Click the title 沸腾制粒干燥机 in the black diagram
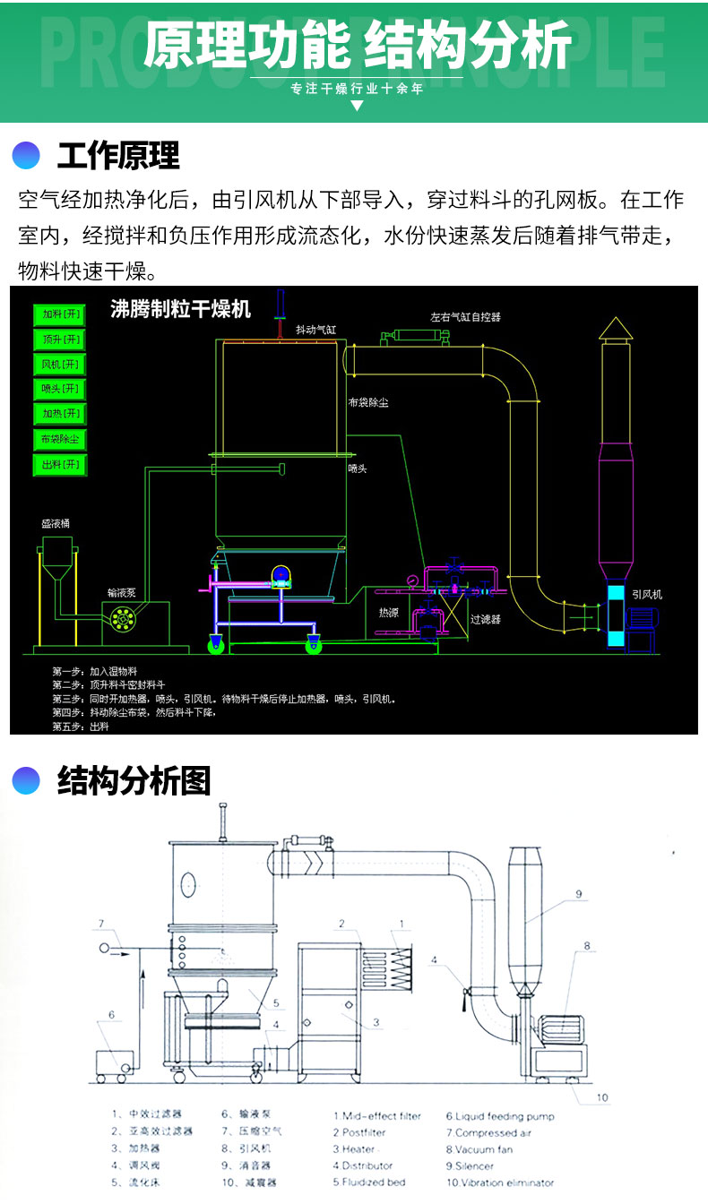click(x=180, y=310)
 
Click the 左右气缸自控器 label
click(x=465, y=316)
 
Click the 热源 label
click(x=388, y=613)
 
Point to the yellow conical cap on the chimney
click(x=616, y=329)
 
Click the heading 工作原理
click(x=118, y=156)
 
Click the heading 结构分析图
click(x=134, y=781)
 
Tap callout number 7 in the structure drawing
click(x=101, y=924)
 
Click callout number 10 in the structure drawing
click(x=602, y=1097)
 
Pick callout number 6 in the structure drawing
click(x=112, y=1015)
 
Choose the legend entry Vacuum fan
click(x=479, y=1148)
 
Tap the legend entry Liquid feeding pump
click(x=500, y=1116)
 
